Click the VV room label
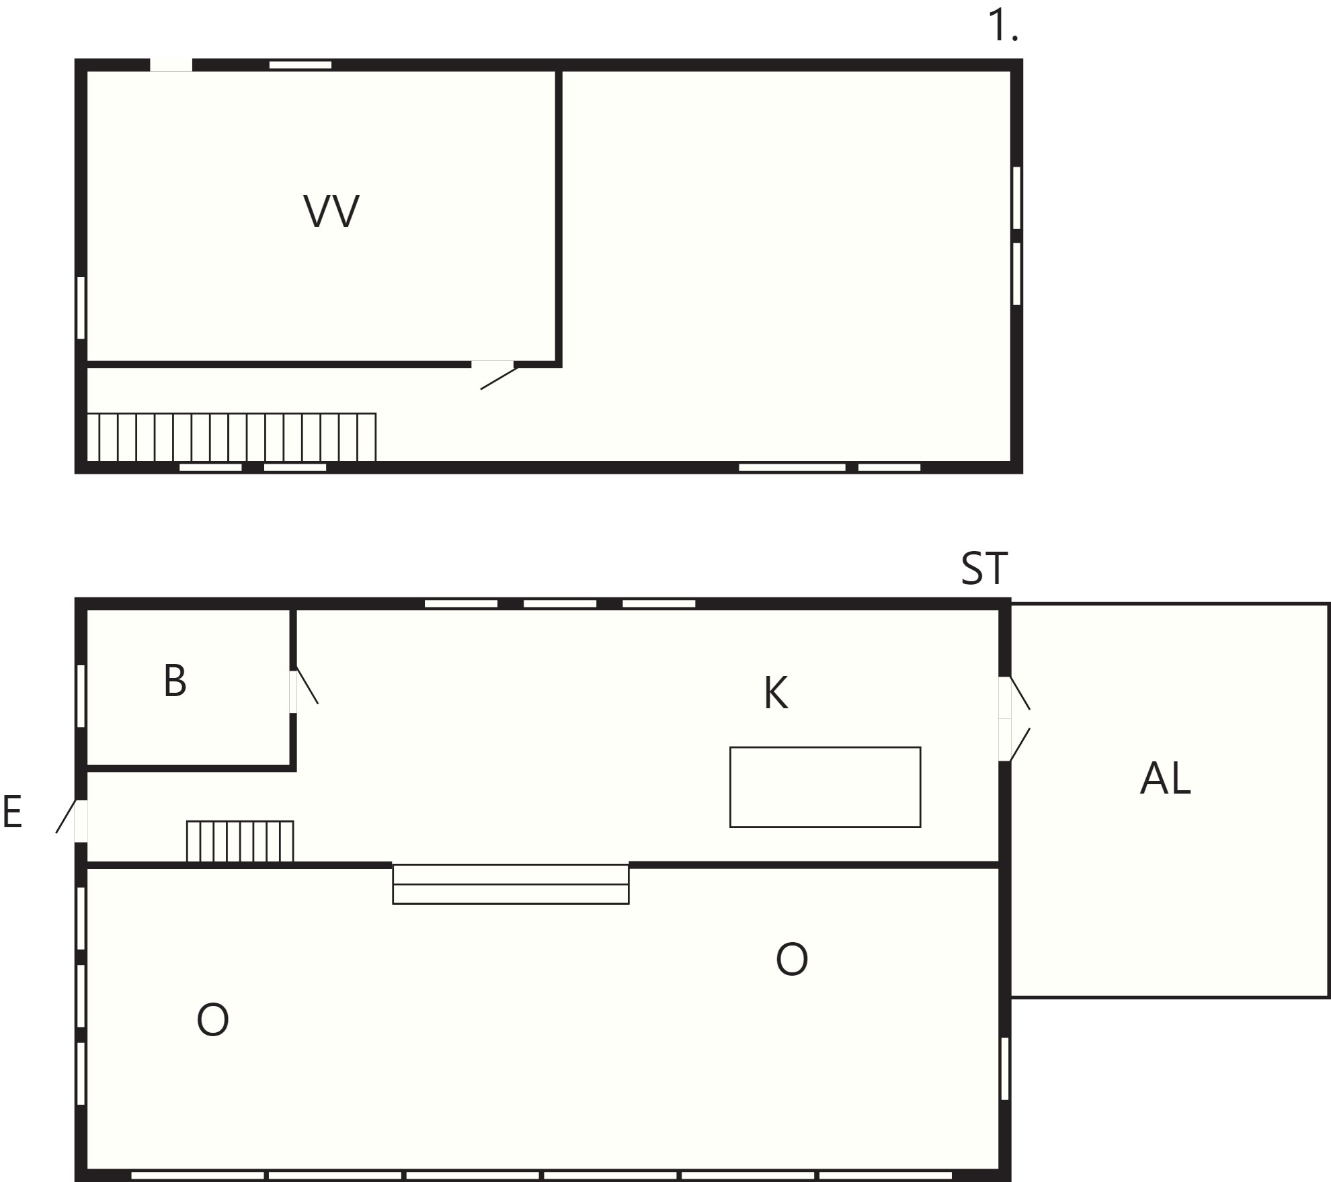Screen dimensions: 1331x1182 pos(331,211)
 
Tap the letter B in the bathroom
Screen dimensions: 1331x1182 pos(175,681)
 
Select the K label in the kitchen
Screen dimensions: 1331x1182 pos(776,693)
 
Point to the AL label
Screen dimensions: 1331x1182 pos(1166,779)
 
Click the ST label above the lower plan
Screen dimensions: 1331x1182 pos(985,568)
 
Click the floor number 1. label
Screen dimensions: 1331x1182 pos(1003,27)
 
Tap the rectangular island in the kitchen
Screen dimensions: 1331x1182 pos(825,787)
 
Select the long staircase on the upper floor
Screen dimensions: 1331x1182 pos(231,437)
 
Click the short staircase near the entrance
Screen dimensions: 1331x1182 pos(240,841)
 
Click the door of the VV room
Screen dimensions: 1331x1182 pos(496,375)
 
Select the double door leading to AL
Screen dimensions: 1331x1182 pos(1014,718)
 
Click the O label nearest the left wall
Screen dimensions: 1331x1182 pos(212,1019)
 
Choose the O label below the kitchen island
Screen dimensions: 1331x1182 pos(791,959)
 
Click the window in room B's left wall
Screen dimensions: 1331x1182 pos(81,695)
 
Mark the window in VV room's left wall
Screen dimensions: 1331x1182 pos(81,308)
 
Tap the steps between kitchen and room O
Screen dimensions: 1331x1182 pos(510,884)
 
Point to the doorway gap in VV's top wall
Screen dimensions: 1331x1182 pos(171,65)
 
